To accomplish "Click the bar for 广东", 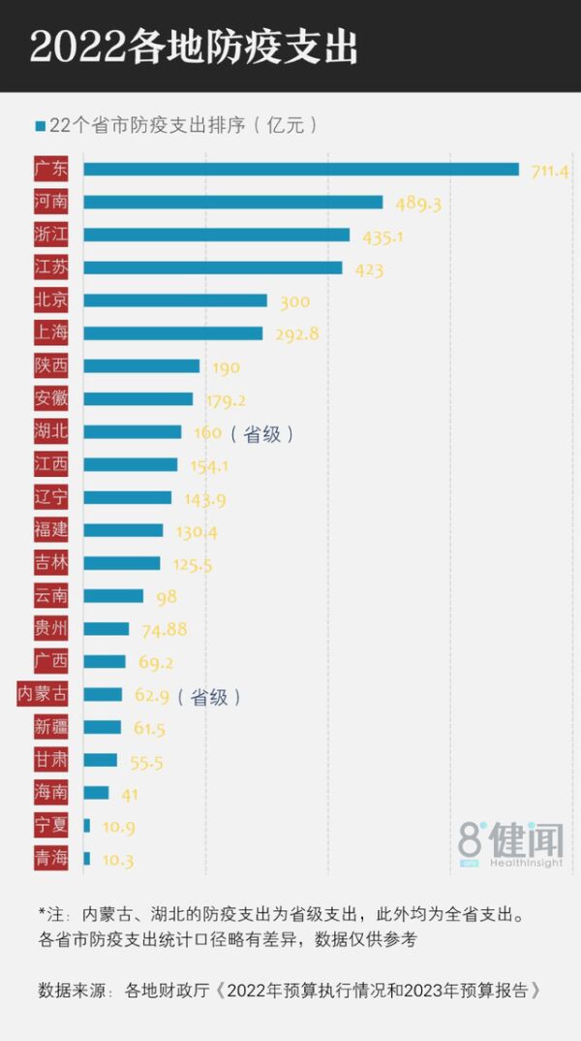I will click(x=300, y=170).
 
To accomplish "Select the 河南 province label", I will click(x=50, y=202).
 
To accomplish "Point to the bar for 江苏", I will click(x=212, y=268).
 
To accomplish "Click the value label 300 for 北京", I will click(x=294, y=301).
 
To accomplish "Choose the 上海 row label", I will click(x=50, y=333).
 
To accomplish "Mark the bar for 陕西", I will click(x=141, y=366).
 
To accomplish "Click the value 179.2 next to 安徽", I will click(x=225, y=399).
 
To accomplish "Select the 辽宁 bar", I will click(x=127, y=498).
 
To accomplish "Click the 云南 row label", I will click(x=50, y=596).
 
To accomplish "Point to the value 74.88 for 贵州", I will click(x=164, y=629).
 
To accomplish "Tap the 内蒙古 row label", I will click(x=44, y=695).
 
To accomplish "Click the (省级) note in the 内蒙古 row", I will click(x=208, y=696).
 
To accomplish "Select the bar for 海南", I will click(x=96, y=793).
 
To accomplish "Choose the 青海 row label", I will click(x=50, y=859).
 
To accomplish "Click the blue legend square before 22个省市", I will click(x=40, y=126).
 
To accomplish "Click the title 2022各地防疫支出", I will click(x=194, y=47).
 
